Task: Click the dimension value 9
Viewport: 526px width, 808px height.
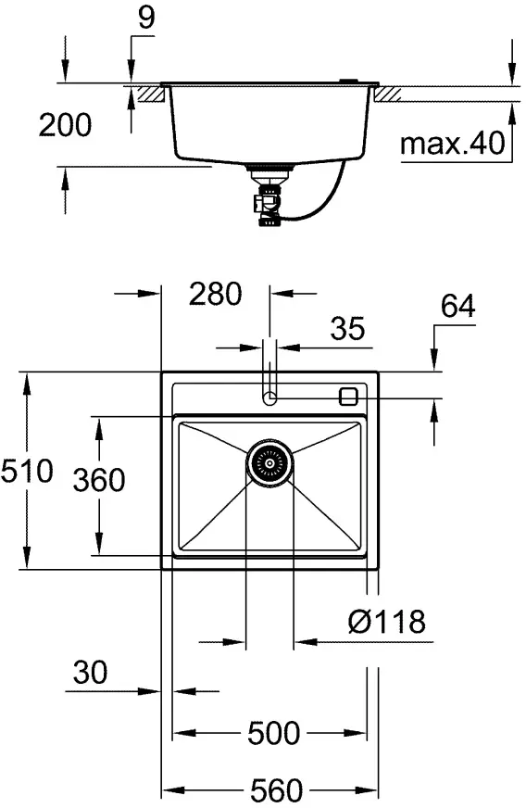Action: click(147, 18)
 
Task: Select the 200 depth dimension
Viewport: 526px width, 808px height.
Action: click(65, 125)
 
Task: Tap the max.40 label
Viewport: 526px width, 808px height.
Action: click(453, 144)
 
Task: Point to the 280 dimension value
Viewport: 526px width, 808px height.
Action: click(216, 294)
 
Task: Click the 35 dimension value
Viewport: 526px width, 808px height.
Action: click(347, 328)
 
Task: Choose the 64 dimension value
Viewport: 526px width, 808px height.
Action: click(458, 306)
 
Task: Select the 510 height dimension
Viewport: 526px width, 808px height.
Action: click(27, 471)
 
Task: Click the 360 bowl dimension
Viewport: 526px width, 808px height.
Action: click(99, 480)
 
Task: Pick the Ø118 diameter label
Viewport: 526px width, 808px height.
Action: click(387, 622)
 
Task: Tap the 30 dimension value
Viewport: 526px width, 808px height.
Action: click(90, 673)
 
